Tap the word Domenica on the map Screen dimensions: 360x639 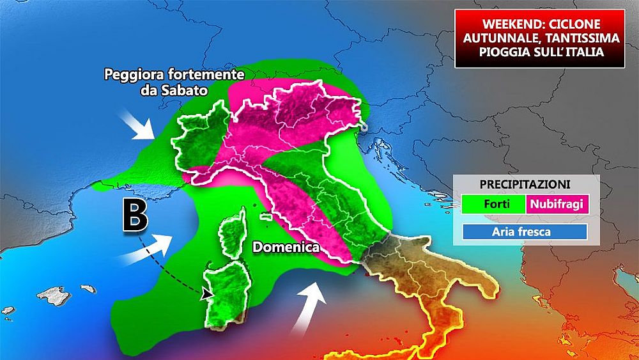coord(286,246)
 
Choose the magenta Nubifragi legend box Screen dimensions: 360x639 coord(556,205)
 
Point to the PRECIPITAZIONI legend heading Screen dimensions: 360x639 coord(525,184)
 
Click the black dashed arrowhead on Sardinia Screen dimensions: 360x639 coord(206,294)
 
